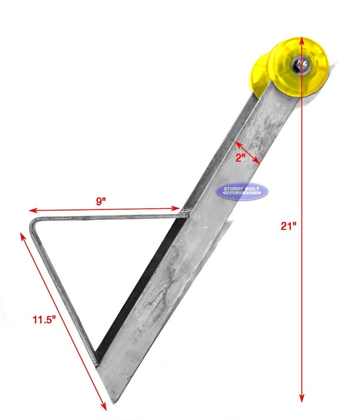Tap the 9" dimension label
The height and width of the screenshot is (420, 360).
click(x=101, y=201)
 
